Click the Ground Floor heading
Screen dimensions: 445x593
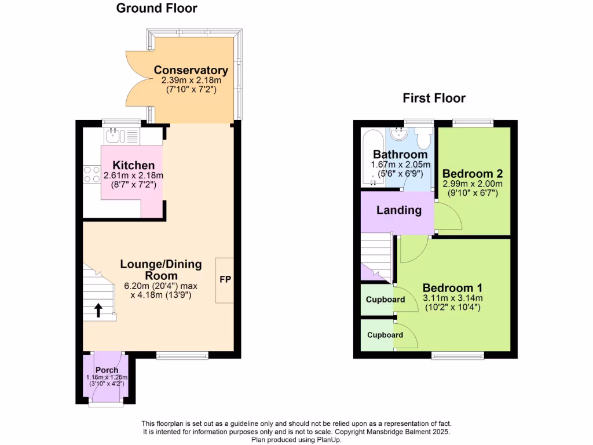[x=156, y=8]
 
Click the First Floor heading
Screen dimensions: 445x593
[x=434, y=98]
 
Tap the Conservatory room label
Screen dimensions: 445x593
[x=191, y=71]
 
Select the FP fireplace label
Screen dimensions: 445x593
[x=225, y=279]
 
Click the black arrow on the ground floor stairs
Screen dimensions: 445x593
[x=97, y=310]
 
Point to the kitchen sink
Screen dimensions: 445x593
[x=114, y=136]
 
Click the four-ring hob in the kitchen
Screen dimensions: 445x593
[x=91, y=174]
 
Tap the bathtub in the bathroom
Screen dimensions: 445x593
[x=372, y=158]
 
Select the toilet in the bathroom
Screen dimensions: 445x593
[x=422, y=138]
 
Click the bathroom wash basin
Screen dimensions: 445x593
[x=398, y=134]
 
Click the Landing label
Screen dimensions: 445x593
[x=398, y=210]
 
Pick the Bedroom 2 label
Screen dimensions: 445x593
[x=472, y=173]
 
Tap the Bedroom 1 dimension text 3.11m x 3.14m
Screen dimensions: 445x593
[x=452, y=298]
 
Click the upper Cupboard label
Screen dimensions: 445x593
[x=385, y=300]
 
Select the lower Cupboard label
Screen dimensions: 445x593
[x=385, y=335]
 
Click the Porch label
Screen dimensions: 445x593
[x=107, y=370]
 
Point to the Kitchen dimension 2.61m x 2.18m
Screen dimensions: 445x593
[x=133, y=176]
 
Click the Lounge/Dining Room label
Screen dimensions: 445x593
[x=161, y=269]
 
